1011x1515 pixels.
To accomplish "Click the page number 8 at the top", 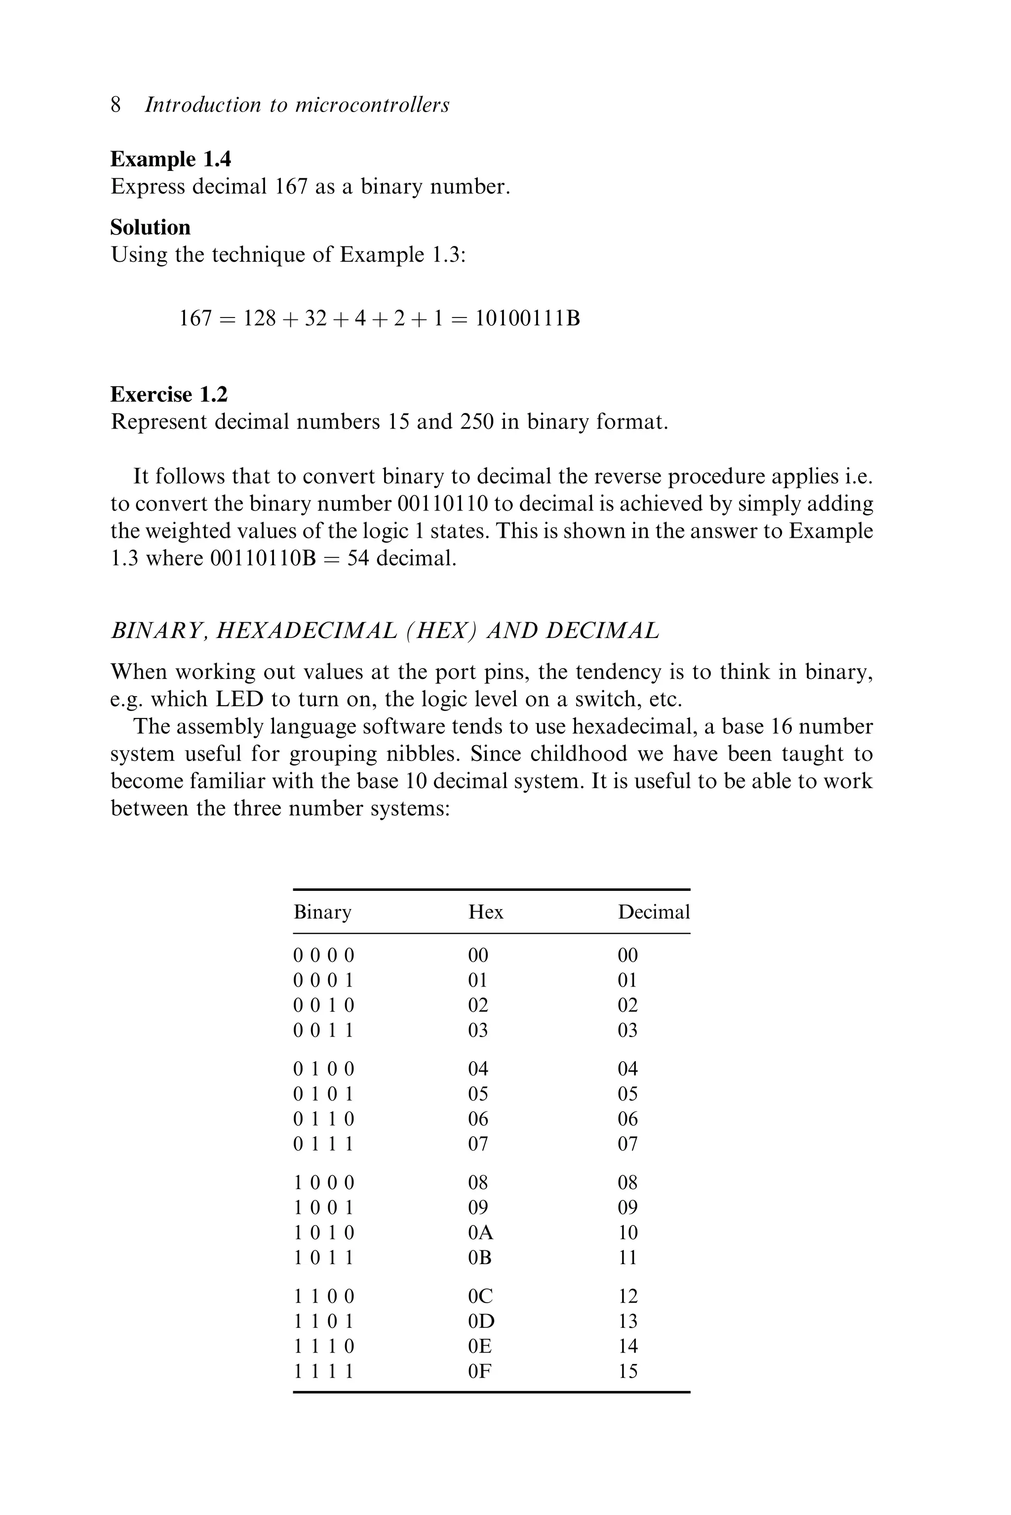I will [x=116, y=105].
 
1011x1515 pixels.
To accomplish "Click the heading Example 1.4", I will [x=171, y=159].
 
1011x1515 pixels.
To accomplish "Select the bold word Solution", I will [x=150, y=227].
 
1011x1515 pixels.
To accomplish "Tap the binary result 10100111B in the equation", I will [x=527, y=318].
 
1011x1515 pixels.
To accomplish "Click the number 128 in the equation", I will [x=259, y=318].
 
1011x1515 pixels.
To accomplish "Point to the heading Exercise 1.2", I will [x=169, y=394].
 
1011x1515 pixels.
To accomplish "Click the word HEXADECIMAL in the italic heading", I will [x=306, y=630].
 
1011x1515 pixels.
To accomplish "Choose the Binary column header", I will [x=322, y=912].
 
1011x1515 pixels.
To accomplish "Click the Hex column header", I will [x=486, y=912].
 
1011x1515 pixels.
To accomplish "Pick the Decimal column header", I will [x=654, y=912].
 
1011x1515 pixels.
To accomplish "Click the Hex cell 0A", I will [x=480, y=1232].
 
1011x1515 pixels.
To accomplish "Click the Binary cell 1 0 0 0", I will [x=324, y=1182].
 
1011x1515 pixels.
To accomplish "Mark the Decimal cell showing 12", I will [x=627, y=1296].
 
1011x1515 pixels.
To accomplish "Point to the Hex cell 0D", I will [x=481, y=1321].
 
